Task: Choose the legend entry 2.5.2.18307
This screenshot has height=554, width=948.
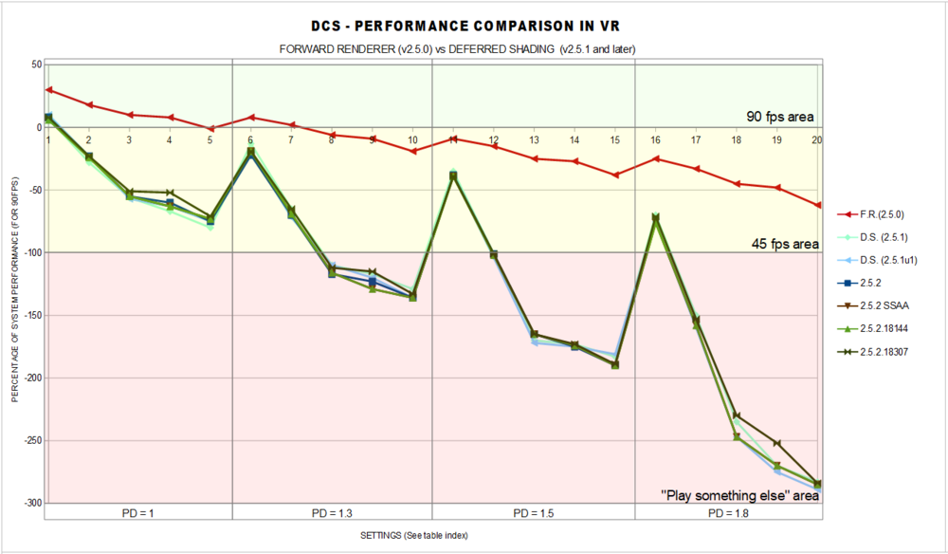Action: pyautogui.click(x=891, y=351)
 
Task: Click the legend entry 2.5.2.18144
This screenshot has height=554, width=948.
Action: pyautogui.click(x=891, y=328)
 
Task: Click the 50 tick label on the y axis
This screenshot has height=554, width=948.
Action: pyautogui.click(x=35, y=65)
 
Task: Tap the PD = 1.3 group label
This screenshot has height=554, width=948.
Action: pyautogui.click(x=332, y=513)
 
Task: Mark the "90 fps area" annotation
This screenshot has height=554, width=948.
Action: pyautogui.click(x=780, y=118)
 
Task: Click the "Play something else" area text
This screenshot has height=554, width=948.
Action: pyautogui.click(x=739, y=494)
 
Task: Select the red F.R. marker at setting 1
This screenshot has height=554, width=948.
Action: pyautogui.click(x=48, y=90)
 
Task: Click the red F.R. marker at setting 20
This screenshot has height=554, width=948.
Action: pyautogui.click(x=817, y=205)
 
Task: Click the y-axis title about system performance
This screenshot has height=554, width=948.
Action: pyautogui.click(x=15, y=285)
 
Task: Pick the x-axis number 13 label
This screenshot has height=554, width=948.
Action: pyautogui.click(x=535, y=140)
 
